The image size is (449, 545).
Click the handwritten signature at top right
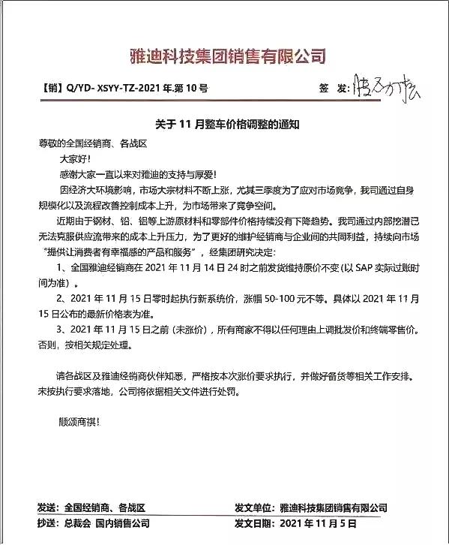(387, 87)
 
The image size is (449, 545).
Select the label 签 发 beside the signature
(334, 89)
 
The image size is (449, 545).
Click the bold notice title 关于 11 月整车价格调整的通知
(223, 124)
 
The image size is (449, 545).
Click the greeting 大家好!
(74, 158)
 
